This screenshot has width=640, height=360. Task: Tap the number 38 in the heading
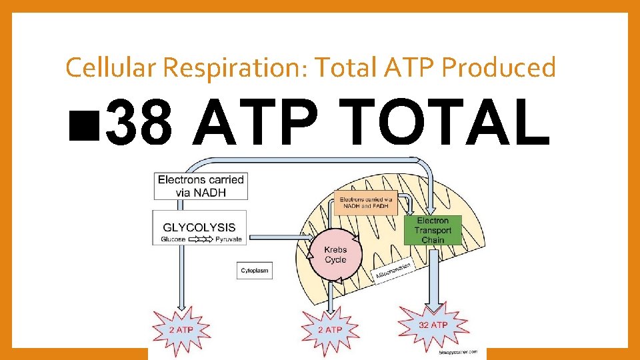point(138,124)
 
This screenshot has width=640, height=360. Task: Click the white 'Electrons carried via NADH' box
point(201,186)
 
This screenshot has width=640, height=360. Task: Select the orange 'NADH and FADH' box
point(366,203)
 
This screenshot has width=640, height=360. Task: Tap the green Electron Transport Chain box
point(433,230)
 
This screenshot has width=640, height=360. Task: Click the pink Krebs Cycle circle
point(335,254)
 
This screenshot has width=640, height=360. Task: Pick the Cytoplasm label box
point(255,271)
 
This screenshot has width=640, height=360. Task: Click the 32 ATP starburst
point(433,325)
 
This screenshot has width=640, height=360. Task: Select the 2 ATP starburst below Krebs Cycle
point(329,329)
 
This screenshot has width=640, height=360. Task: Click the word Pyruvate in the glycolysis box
point(229,239)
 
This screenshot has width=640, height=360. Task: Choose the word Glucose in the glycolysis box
point(173,239)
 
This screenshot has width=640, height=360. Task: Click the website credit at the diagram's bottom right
point(459,351)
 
